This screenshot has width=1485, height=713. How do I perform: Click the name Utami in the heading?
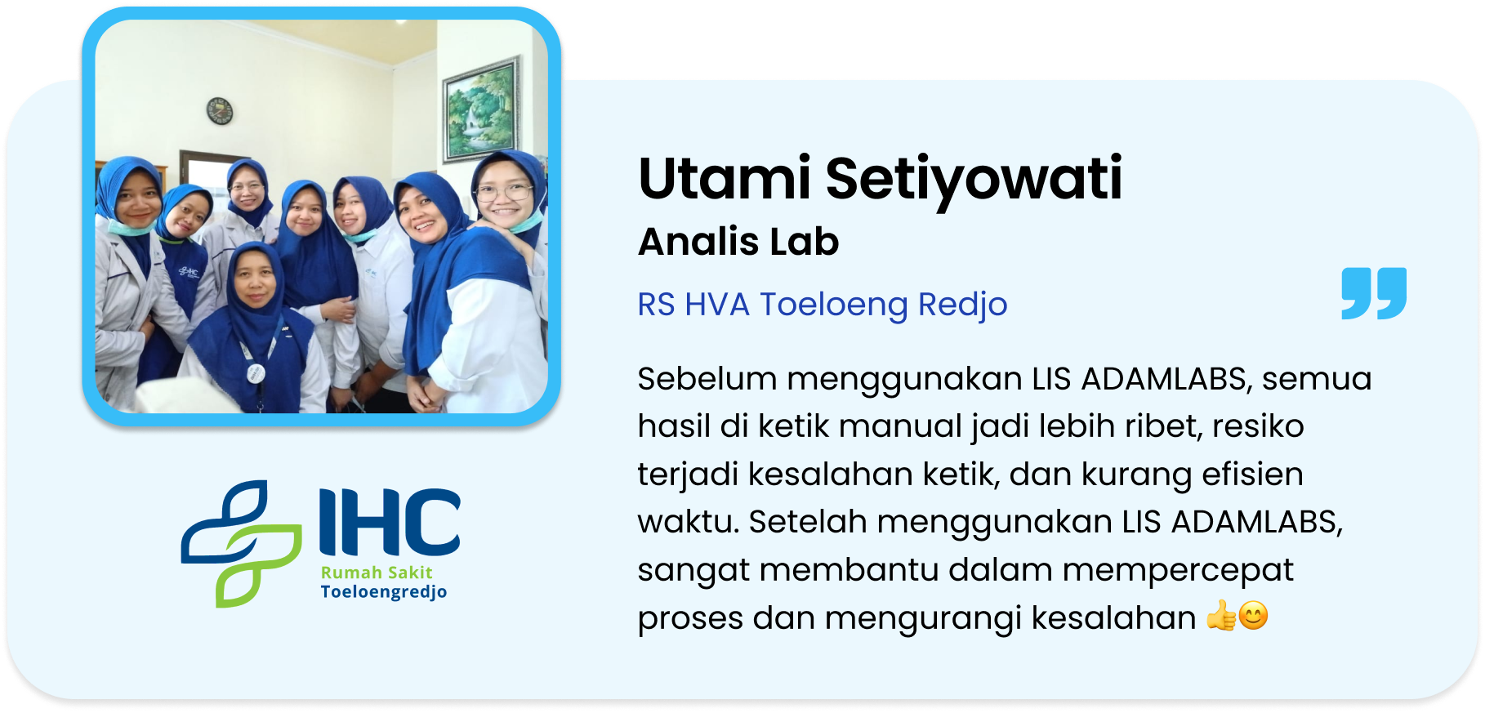(x=725, y=178)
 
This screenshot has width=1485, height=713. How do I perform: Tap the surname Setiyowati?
(x=974, y=180)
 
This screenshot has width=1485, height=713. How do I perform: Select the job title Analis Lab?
(x=738, y=242)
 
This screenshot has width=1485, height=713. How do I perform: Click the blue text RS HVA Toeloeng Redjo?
(x=823, y=305)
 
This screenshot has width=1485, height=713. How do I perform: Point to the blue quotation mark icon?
(x=1374, y=293)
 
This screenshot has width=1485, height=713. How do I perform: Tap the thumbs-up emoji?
(x=1221, y=616)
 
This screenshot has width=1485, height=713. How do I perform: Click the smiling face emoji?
(x=1254, y=616)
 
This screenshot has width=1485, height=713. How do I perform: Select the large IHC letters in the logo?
(x=390, y=522)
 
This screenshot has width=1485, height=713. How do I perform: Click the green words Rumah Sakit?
(x=377, y=573)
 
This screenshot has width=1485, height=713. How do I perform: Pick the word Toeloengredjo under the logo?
(x=384, y=592)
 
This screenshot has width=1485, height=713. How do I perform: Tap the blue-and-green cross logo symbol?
(x=241, y=544)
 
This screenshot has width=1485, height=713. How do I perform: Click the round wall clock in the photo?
(x=220, y=111)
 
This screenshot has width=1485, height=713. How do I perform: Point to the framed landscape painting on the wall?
(x=482, y=109)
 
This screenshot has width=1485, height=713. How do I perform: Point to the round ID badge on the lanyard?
(x=256, y=373)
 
